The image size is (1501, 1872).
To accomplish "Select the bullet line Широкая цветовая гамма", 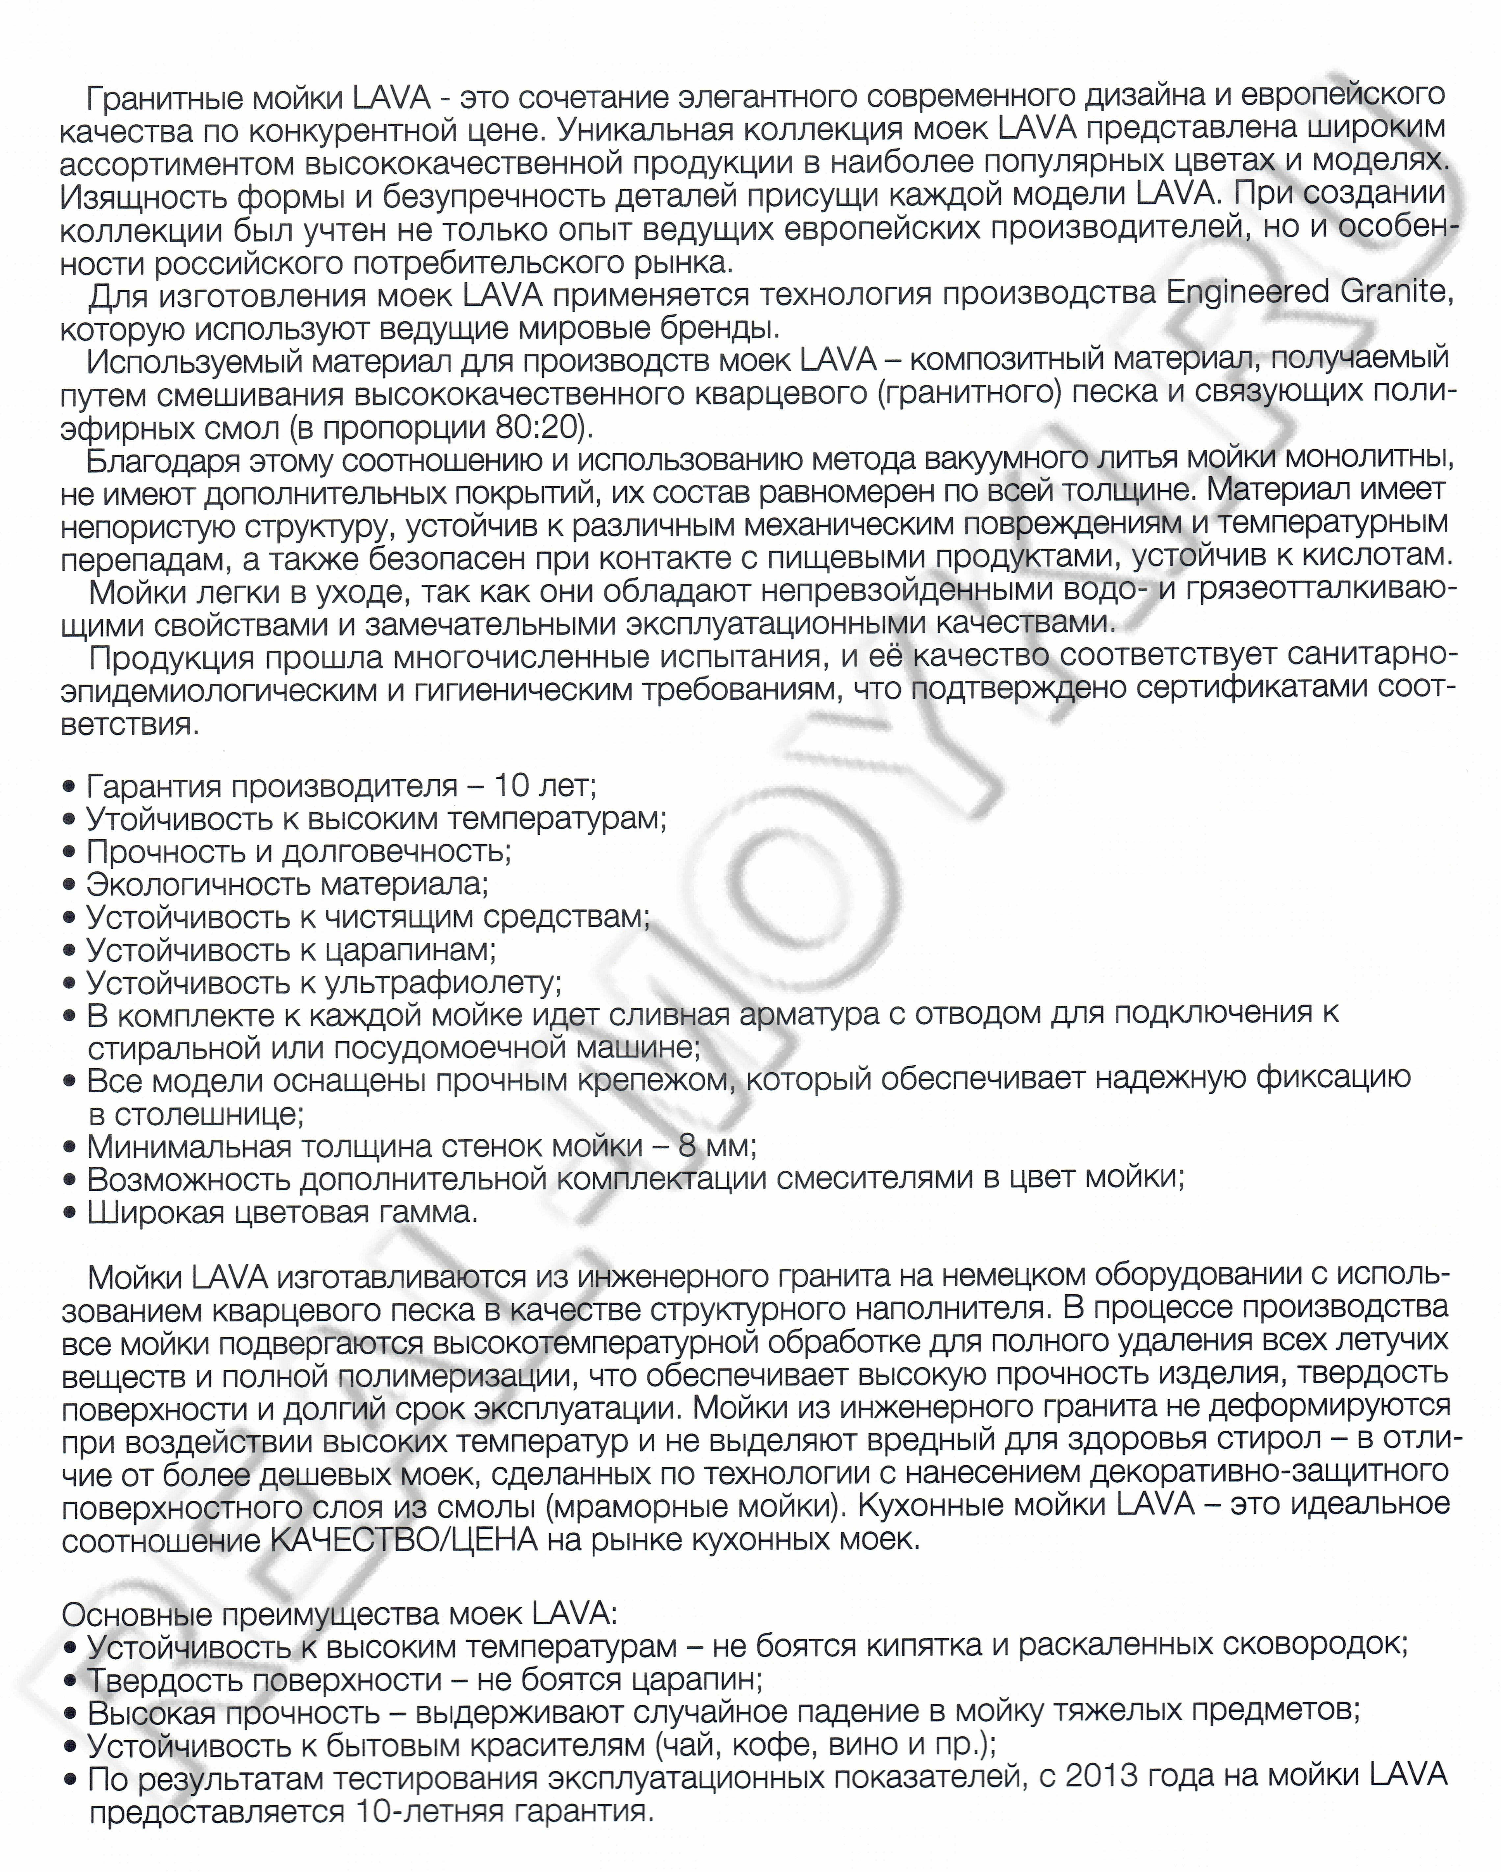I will coord(282,1212).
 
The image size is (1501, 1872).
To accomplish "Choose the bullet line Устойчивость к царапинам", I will coord(291,950).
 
